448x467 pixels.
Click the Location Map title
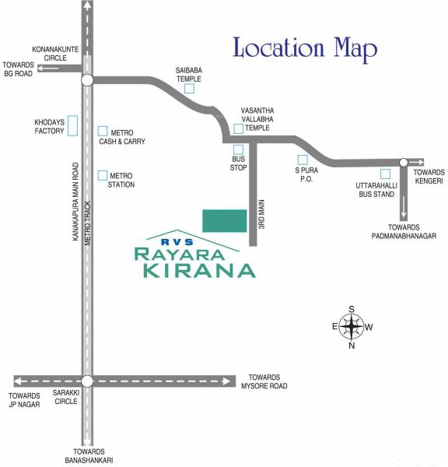[x=305, y=48]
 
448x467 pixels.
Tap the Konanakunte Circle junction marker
[x=87, y=79]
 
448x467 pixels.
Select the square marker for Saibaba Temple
[x=189, y=89]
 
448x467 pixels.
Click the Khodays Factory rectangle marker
[x=73, y=125]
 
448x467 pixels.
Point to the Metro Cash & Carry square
[x=103, y=131]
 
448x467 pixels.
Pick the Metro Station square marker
[x=103, y=175]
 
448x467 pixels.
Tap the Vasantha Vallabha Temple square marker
[x=239, y=128]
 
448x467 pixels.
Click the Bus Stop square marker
[x=239, y=149]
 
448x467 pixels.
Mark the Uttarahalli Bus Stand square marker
[x=384, y=174]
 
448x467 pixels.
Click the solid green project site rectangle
[x=225, y=220]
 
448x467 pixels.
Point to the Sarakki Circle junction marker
[x=87, y=381]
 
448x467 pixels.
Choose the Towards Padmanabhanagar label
[x=404, y=230]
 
